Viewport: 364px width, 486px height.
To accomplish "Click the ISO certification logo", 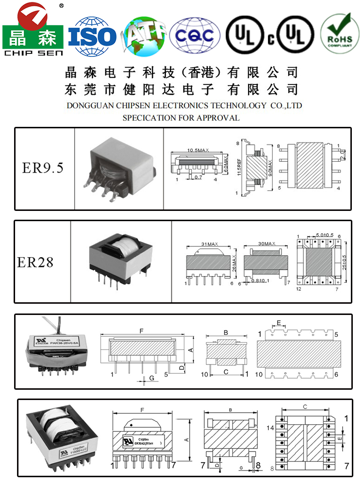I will [x=93, y=35].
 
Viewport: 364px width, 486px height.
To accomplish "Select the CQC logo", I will [x=195, y=35].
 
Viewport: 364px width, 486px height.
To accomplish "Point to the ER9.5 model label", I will [x=43, y=168].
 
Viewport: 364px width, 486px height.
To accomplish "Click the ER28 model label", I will [x=35, y=262].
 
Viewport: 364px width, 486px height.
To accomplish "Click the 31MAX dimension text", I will [x=210, y=244].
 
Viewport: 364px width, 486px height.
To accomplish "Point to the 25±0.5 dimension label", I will [x=345, y=263].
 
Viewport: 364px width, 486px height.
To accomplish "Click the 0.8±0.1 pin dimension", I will [x=261, y=280].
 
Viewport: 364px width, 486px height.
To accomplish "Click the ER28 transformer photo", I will [x=121, y=260].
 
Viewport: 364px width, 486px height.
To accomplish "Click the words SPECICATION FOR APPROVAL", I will [x=181, y=118].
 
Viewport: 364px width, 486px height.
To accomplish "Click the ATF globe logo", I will [x=144, y=35].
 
